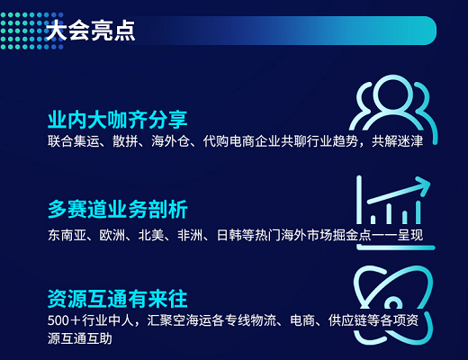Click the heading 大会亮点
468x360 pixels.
(91, 31)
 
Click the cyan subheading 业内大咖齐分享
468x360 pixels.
(118, 120)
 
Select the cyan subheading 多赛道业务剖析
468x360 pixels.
(118, 209)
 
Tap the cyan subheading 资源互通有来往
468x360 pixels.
(118, 299)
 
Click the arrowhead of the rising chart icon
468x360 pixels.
(424, 185)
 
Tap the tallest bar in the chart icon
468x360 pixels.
(418, 212)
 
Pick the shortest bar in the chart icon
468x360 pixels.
(373, 220)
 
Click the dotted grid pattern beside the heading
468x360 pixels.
(31, 31)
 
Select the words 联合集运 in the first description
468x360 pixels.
(74, 141)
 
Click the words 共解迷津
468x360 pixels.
(397, 141)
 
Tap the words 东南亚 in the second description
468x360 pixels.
(67, 235)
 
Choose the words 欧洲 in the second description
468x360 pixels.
(112, 235)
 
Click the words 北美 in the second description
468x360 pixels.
(151, 235)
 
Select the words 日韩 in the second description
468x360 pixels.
(229, 235)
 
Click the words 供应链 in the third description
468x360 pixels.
(347, 320)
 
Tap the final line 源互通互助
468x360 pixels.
(80, 338)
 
